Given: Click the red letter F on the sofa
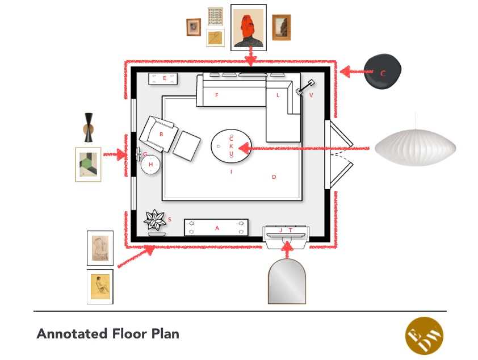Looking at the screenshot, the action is (216, 95).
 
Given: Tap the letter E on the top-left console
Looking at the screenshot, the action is (165, 78).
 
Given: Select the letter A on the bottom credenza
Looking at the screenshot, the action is (217, 228).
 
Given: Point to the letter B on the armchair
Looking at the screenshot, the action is (161, 135).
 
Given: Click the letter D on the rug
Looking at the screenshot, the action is (274, 177).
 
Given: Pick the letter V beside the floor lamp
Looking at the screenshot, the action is (311, 95).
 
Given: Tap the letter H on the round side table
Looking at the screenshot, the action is (151, 165).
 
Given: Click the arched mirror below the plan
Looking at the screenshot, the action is (287, 282).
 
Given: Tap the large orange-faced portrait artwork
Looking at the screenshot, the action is (248, 27).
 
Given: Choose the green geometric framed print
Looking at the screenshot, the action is (88, 165).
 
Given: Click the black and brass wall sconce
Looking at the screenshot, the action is (90, 127).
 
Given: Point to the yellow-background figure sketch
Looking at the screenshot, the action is (100, 287).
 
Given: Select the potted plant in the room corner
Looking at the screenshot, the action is (154, 221).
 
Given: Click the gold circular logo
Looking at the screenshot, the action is (424, 336).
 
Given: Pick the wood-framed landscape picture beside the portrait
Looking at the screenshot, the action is (281, 27).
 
